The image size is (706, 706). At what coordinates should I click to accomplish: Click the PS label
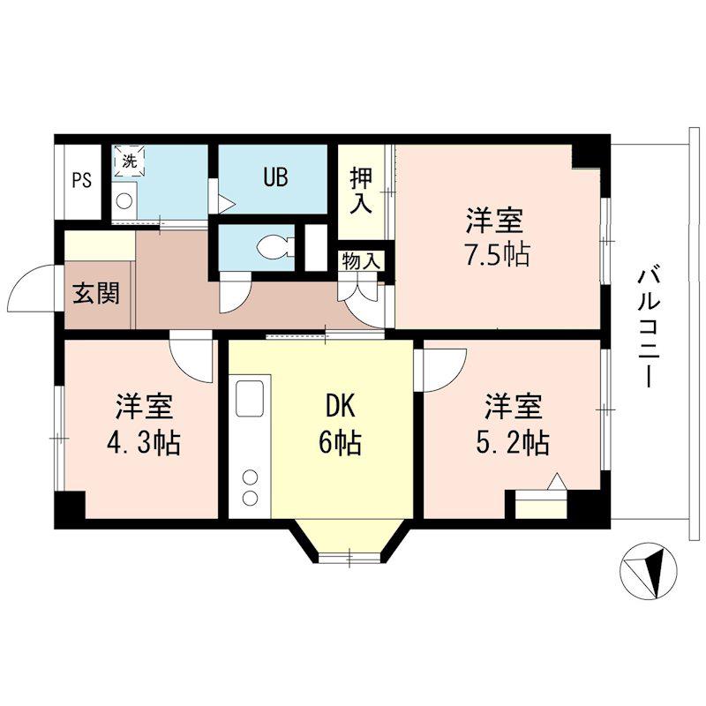point(82,181)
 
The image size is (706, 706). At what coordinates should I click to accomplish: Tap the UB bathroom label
point(275,177)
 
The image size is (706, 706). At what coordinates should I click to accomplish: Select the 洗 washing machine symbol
point(129,161)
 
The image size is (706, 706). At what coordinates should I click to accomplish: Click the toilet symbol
point(275,247)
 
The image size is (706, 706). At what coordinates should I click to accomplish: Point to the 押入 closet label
point(362,191)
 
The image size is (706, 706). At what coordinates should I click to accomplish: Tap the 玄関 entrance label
point(96,293)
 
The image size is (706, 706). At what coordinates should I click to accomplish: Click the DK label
point(341,408)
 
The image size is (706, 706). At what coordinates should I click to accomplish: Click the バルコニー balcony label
point(649,327)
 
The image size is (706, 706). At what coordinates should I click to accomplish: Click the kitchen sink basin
point(249,399)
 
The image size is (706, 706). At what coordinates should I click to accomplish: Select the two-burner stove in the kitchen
point(251,487)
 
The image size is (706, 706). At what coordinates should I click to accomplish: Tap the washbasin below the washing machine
point(124,201)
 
